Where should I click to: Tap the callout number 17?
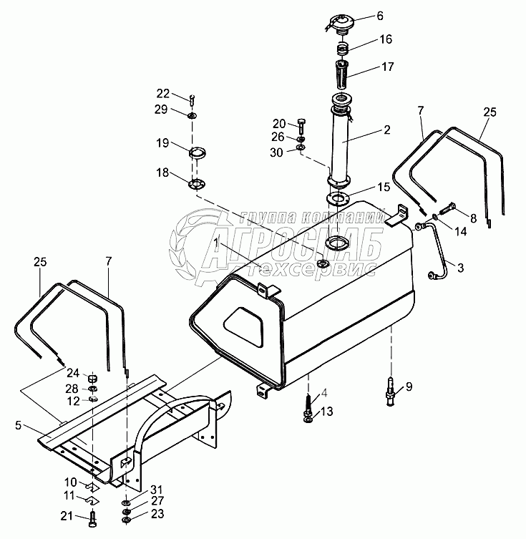pos(388,67)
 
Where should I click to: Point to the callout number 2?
pos(387,130)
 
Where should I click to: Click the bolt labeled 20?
pos(301,126)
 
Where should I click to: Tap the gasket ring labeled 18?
pos(197,185)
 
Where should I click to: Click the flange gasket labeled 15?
pos(338,199)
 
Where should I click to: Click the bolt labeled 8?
pos(449,208)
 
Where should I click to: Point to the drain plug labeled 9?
pos(390,392)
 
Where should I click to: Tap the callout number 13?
pos(327,411)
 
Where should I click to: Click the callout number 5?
pos(18,425)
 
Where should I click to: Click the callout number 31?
pos(157,490)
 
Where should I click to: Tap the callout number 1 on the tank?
pos(216,243)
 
